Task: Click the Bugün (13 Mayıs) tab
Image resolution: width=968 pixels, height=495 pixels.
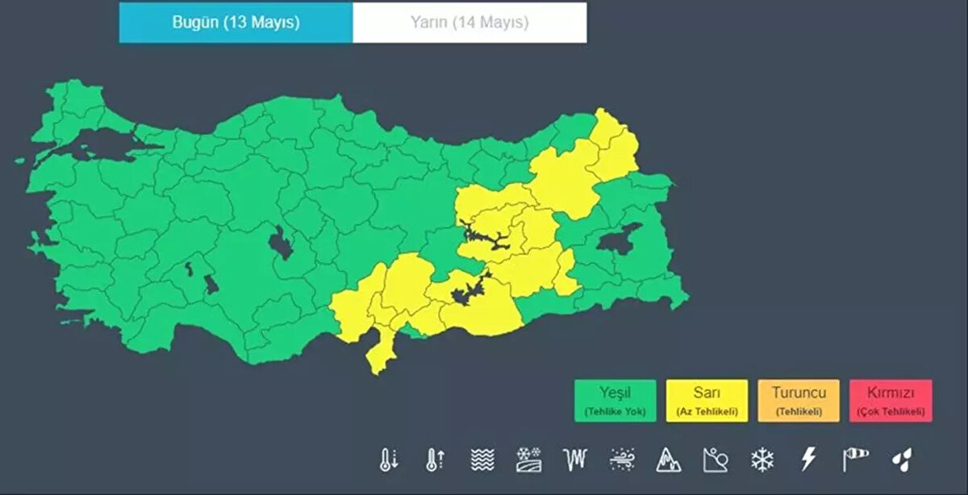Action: coord(236,23)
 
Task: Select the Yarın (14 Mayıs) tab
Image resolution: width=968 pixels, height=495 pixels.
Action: coord(469,23)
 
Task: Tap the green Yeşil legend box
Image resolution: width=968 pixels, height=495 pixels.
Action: coord(615,401)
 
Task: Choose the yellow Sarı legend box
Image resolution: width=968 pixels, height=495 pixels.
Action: coord(707,401)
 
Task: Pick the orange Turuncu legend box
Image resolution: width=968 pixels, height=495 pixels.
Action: coord(799,401)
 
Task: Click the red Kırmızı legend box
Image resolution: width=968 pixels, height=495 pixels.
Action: coord(891,401)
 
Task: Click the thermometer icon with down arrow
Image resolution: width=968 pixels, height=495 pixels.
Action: coord(389,459)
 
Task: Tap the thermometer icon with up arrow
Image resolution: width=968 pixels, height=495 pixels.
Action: coord(436,459)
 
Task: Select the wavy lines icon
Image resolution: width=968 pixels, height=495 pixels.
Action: coord(482,459)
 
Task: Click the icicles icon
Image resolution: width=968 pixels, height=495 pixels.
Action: coord(575,459)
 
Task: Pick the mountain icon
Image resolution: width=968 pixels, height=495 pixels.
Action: coord(669,459)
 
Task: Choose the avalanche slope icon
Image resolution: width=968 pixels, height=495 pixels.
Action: coord(716,459)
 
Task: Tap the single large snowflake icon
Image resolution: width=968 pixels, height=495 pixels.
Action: coord(761,459)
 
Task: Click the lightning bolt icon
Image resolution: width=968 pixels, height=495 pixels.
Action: coord(808,459)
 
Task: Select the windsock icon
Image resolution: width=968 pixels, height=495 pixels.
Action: coord(855,459)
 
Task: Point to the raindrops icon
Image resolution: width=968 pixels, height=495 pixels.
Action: coord(901,459)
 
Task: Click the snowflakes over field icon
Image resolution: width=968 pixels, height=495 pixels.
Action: coord(529,459)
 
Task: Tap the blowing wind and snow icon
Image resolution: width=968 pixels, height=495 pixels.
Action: coord(623,459)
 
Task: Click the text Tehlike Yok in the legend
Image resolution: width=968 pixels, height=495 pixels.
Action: coord(615,412)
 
